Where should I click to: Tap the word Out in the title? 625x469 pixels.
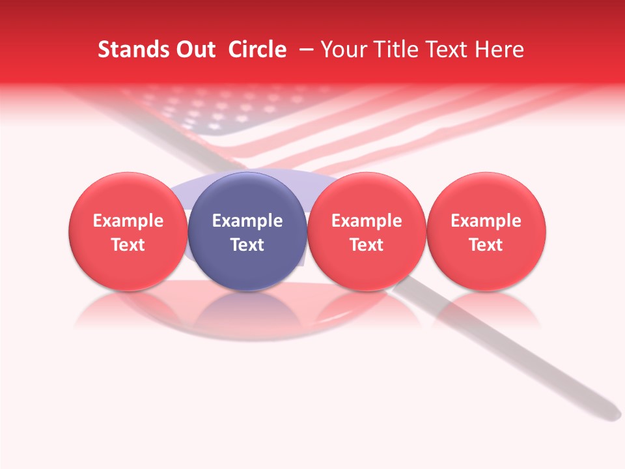click(x=195, y=50)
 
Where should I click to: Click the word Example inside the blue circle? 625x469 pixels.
click(x=247, y=221)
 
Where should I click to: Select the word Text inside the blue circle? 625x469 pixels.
click(x=247, y=245)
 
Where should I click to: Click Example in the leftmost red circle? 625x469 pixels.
click(x=128, y=221)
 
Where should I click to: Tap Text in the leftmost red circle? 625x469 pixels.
click(x=128, y=245)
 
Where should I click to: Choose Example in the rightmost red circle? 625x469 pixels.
click(x=486, y=221)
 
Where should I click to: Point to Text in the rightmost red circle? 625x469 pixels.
click(x=486, y=245)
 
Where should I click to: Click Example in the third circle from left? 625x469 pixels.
click(x=367, y=221)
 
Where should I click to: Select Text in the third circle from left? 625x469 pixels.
click(x=367, y=245)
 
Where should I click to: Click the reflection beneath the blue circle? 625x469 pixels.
click(x=247, y=309)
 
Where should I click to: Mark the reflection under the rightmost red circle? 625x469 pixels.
click(x=486, y=309)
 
